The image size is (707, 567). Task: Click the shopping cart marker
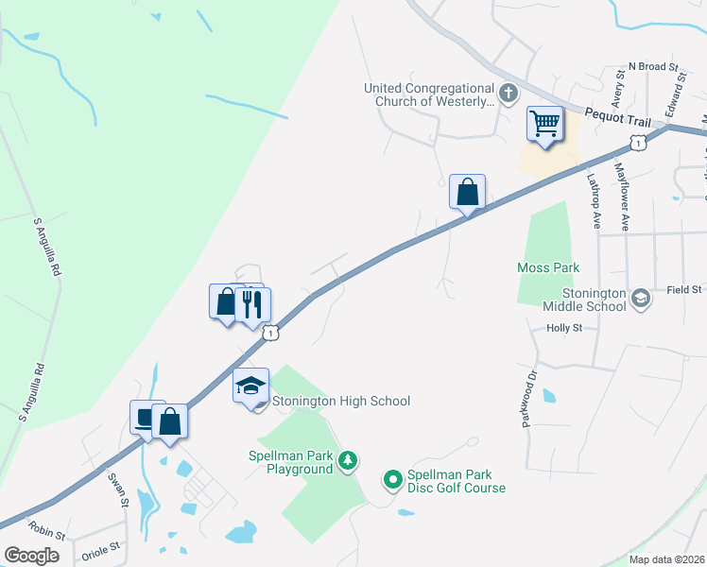coord(545,124)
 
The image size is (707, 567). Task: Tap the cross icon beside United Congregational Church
coord(509,94)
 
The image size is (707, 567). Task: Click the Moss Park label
coord(548,267)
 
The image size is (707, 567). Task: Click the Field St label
coord(683,289)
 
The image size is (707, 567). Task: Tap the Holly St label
coord(565,328)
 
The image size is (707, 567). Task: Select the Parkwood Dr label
coord(529,398)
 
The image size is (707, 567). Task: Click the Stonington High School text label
coord(341,401)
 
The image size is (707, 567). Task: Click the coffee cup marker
coord(145,417)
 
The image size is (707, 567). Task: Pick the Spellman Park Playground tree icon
coord(349,460)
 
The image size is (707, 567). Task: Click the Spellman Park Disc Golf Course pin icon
coord(393,481)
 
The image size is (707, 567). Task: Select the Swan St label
coord(117,490)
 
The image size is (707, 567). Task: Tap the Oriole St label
coord(102,546)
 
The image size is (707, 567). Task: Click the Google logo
coord(32,556)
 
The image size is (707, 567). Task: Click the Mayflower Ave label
coord(622,197)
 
